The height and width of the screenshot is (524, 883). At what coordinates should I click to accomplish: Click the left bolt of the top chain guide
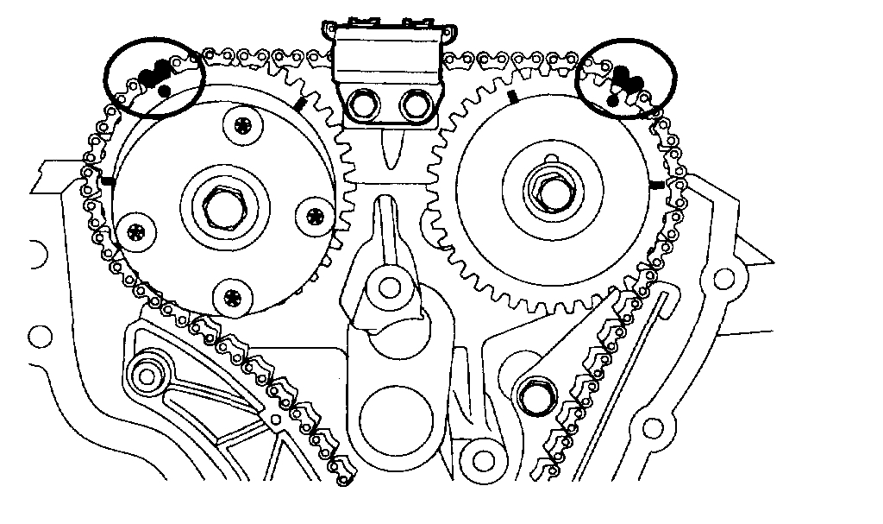click(x=360, y=106)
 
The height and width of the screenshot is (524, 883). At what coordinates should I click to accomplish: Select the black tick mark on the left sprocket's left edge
click(x=107, y=182)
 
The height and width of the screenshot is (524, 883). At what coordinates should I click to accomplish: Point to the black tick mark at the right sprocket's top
click(x=511, y=96)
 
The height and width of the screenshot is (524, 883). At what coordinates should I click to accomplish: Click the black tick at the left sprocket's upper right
click(x=300, y=104)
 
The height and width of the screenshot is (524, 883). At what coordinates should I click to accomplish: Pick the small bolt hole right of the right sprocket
click(x=724, y=278)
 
